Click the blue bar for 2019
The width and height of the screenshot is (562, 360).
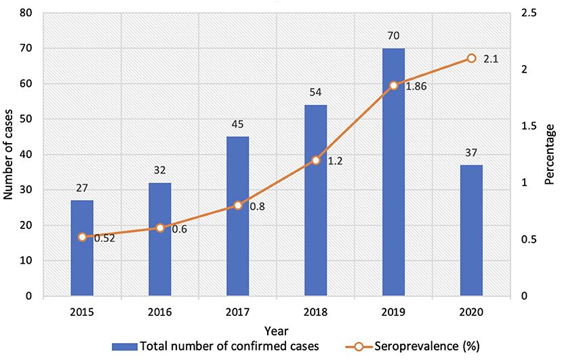(393, 172)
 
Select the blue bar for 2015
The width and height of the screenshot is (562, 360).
(82, 248)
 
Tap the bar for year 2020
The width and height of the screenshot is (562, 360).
(471, 231)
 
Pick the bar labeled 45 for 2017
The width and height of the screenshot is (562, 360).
(238, 216)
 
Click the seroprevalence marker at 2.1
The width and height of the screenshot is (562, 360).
(471, 59)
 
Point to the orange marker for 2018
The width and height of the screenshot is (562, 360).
(316, 161)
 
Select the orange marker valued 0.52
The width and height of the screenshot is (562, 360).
(82, 237)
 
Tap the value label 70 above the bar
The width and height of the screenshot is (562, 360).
(393, 38)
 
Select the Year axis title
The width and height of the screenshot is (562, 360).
(277, 330)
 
